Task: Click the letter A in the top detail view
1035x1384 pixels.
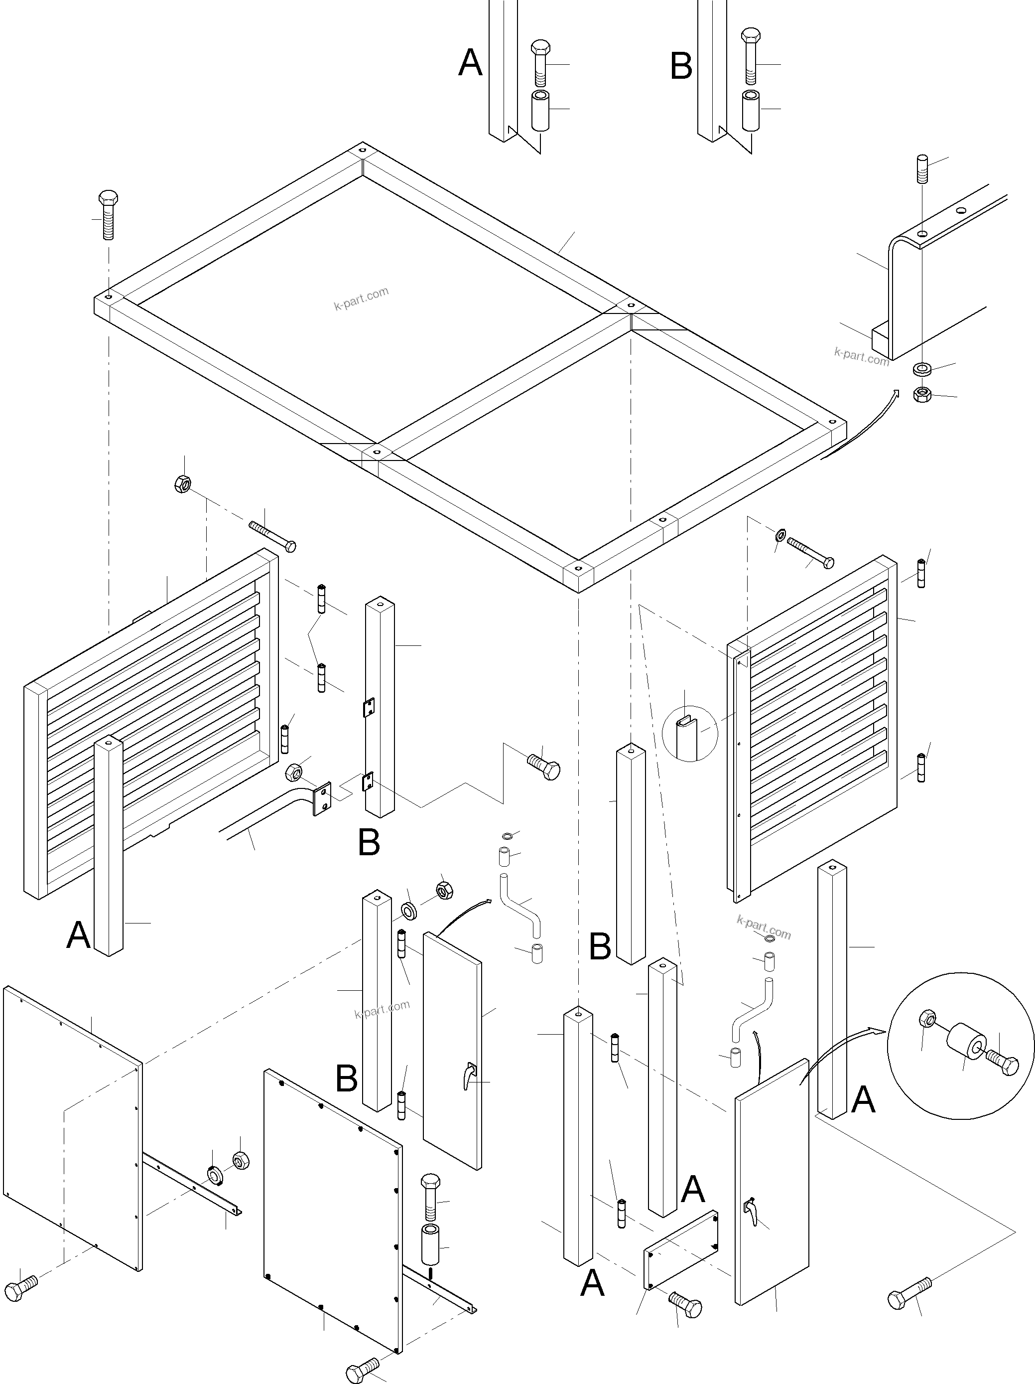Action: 470,63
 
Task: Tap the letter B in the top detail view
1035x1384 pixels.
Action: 681,66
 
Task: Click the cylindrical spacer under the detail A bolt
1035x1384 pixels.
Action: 540,110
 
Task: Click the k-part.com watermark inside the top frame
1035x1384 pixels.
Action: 361,299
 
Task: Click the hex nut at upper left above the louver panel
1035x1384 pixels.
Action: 183,483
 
